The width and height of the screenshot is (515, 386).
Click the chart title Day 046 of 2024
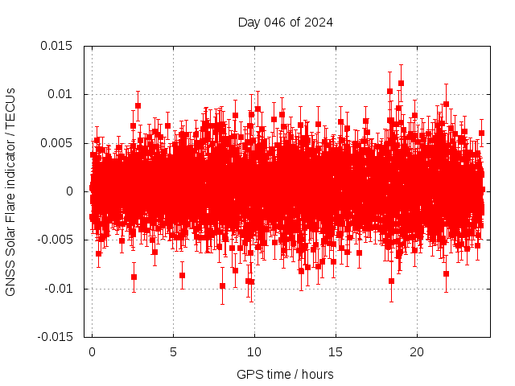(285, 22)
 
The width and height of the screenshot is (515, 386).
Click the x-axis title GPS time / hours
(285, 374)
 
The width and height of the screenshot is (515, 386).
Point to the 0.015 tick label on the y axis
(56, 46)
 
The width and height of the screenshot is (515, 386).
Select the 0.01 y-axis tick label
(60, 94)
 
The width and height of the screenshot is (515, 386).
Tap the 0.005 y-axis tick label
(56, 143)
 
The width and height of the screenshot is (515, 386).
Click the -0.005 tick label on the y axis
(55, 240)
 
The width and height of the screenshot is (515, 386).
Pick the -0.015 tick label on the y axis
(55, 337)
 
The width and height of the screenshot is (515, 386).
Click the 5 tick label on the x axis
(173, 352)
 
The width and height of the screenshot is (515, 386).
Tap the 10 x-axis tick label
(254, 352)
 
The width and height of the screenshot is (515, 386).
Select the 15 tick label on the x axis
(336, 352)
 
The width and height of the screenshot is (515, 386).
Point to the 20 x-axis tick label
(417, 352)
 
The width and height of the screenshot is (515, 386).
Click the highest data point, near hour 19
(401, 83)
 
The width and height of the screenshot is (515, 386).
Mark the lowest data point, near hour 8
(222, 285)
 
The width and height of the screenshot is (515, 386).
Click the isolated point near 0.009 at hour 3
(138, 105)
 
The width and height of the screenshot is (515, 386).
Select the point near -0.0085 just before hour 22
(446, 273)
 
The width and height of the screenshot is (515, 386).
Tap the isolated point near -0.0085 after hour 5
(182, 275)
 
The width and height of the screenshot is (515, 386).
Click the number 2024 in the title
(319, 22)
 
